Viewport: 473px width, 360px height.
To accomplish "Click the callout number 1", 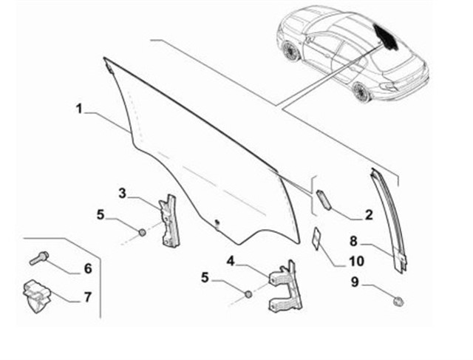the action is pos(79,109).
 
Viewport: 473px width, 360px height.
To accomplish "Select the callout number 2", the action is pos(369,215).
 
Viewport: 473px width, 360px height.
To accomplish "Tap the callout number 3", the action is pos(122,194).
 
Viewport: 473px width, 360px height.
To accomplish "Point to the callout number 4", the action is pos(231,261).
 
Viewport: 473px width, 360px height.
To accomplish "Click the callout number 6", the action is pos(88,268).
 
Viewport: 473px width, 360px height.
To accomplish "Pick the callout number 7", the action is pos(87,297).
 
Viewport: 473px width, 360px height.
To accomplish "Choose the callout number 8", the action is pos(353,241).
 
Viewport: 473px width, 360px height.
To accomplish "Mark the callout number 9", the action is pos(355,282).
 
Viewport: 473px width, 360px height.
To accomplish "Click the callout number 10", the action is pos(356,261).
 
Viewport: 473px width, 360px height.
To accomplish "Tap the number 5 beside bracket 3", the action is pos(101,215).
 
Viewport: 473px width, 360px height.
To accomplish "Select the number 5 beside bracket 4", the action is pos(205,278).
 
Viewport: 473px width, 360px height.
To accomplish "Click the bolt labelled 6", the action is pos(39,258).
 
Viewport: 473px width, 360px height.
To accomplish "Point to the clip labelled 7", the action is pos(36,296).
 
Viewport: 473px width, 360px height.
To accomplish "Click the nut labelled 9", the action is pos(398,301).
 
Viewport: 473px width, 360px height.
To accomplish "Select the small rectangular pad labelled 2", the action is pos(324,199).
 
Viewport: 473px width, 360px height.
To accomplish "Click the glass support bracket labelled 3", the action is pos(169,221).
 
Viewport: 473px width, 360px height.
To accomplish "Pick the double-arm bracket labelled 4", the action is pos(285,286).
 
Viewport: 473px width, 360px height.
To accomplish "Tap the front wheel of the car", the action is pos(290,50).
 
